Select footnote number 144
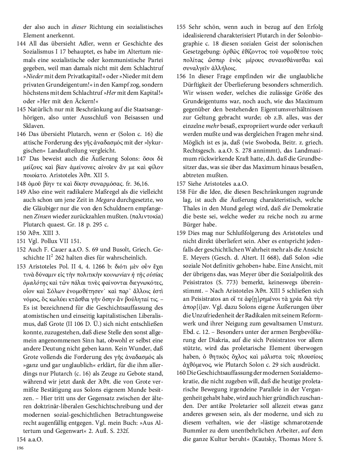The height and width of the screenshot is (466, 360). [22, 44]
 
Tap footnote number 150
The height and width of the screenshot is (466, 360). [22, 233]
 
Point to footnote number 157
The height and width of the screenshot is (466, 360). [182, 184]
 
